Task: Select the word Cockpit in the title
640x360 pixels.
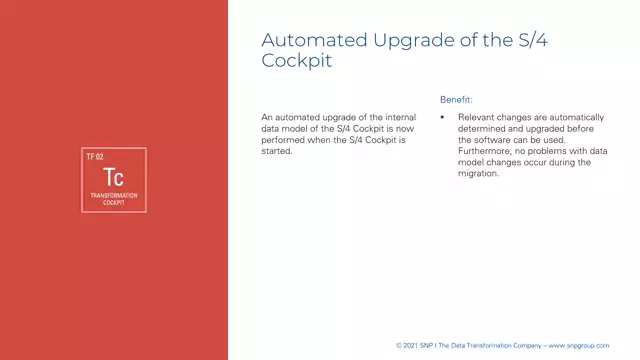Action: coord(296,60)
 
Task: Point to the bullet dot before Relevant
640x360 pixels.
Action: coord(443,117)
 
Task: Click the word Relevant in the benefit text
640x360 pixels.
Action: coord(476,117)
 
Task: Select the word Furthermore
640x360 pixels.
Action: coord(484,151)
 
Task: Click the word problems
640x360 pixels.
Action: coord(547,151)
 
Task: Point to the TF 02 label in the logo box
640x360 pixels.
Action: coord(95,157)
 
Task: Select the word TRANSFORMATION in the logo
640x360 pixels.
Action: coord(113,195)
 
